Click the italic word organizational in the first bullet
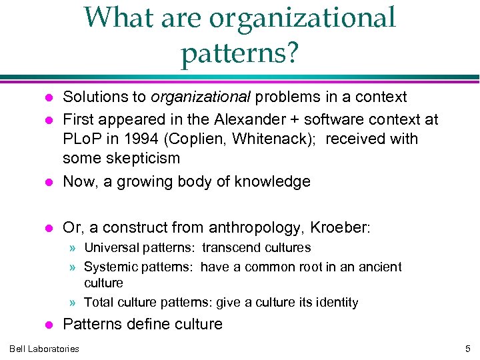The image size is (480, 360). (x=200, y=97)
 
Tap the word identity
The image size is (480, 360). (x=335, y=303)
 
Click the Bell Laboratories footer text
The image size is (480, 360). (x=44, y=349)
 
